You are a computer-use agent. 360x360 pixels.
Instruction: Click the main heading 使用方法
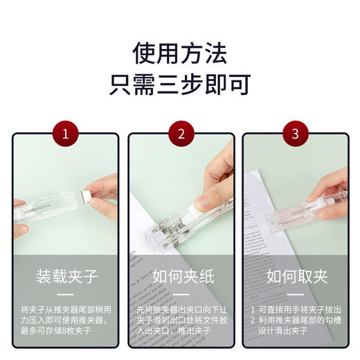pyautogui.click(x=180, y=53)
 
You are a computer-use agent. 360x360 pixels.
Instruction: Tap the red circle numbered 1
pyautogui.click(x=66, y=134)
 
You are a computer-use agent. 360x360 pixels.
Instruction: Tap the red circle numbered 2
pyautogui.click(x=181, y=134)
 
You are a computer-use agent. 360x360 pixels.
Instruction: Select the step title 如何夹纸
pyautogui.click(x=181, y=278)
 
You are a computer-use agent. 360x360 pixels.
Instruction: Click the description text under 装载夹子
pyautogui.click(x=66, y=320)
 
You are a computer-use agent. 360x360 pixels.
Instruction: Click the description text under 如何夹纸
pyautogui.click(x=181, y=320)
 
